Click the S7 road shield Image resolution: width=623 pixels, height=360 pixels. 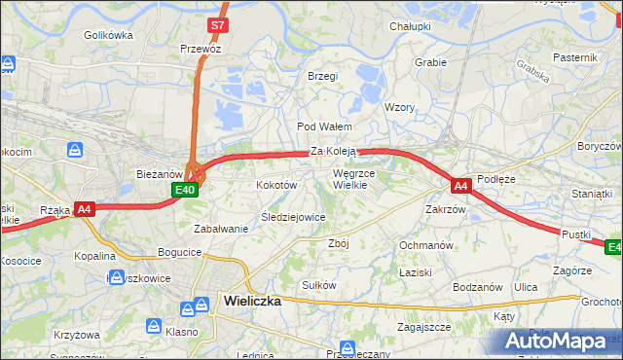220,24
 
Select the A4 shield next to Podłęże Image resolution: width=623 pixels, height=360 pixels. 461,184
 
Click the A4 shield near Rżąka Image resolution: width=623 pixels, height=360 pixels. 85,208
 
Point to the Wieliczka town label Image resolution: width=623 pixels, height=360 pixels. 252,301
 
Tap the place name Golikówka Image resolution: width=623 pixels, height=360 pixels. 108,35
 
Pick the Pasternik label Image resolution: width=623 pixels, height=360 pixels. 574,57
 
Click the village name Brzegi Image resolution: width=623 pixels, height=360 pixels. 322,76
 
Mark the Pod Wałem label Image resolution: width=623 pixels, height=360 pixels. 324,126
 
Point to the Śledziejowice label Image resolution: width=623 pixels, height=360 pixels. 292,217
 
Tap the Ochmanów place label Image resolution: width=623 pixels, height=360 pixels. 426,245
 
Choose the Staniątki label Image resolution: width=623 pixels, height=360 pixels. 592,195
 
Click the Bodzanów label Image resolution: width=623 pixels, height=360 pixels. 477,287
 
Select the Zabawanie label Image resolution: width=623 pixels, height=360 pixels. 221,229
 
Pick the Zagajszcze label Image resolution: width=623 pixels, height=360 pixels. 423,327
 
